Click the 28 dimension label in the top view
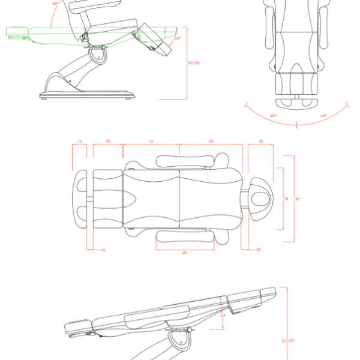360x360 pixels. [x=107, y=141]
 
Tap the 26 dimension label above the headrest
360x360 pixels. [x=260, y=141]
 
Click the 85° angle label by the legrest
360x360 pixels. [x=178, y=39]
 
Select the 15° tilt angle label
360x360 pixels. [x=223, y=313]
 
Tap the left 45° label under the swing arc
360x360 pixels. [x=274, y=116]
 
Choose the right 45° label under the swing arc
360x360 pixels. [x=323, y=116]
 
